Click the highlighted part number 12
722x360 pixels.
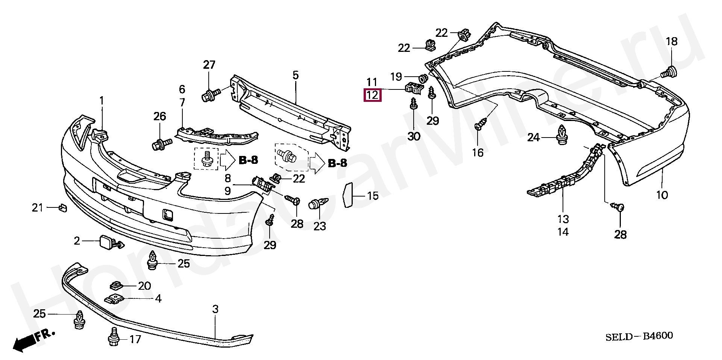point(372,95)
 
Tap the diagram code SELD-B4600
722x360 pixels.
point(639,336)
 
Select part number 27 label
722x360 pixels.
point(209,65)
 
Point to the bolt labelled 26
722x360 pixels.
point(161,144)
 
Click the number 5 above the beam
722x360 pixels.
point(296,75)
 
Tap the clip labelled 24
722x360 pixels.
point(561,136)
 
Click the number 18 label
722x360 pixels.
point(672,41)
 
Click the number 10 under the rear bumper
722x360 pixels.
point(662,195)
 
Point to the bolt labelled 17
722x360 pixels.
point(114,337)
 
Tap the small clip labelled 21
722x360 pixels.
point(62,207)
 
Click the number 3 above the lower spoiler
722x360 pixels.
point(215,309)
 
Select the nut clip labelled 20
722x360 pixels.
point(117,286)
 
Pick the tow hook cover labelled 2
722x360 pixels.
point(106,242)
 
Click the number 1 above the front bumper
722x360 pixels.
point(102,101)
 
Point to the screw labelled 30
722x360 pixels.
point(414,103)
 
